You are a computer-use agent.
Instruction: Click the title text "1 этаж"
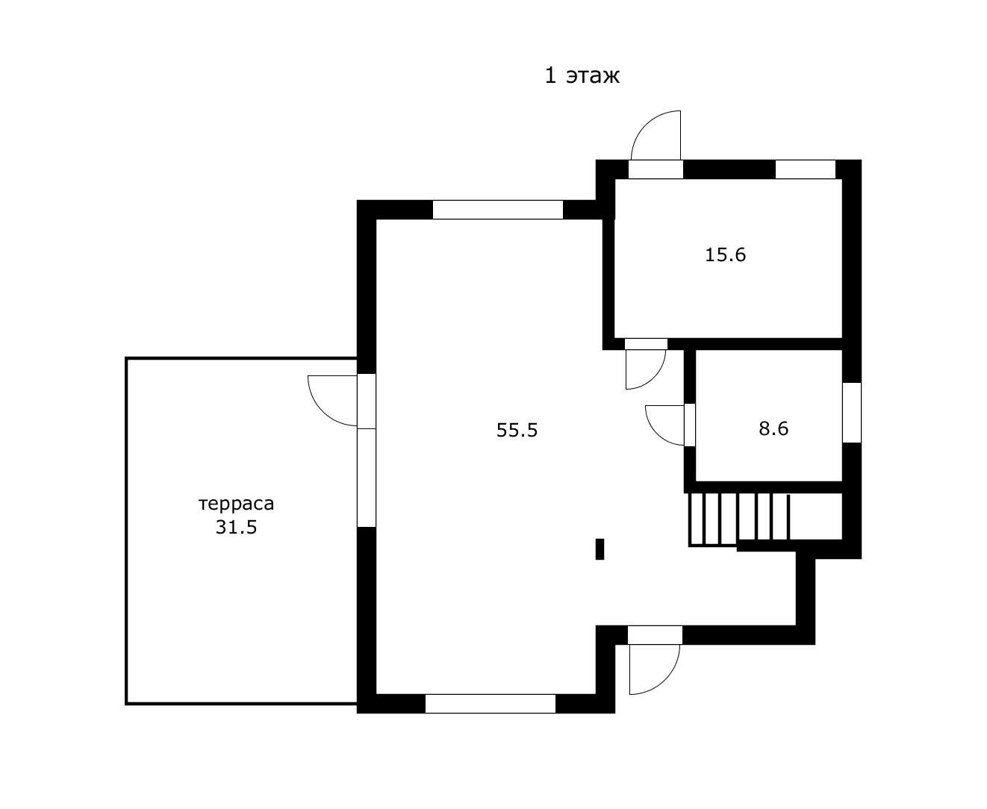pyautogui.click(x=582, y=75)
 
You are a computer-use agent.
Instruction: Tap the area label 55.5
pyautogui.click(x=517, y=430)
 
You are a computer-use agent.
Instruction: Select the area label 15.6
pyautogui.click(x=726, y=254)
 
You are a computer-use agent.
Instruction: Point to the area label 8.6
pyautogui.click(x=773, y=428)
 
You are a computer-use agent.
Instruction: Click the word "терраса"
pyautogui.click(x=236, y=504)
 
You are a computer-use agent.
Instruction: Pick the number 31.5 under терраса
pyautogui.click(x=236, y=528)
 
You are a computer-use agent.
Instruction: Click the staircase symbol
pyautogui.click(x=739, y=518)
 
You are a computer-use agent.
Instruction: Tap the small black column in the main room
pyautogui.click(x=600, y=549)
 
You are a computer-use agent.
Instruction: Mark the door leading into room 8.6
pyautogui.click(x=666, y=424)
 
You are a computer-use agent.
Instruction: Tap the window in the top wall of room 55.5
pyautogui.click(x=497, y=210)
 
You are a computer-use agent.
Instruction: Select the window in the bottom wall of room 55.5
pyautogui.click(x=490, y=704)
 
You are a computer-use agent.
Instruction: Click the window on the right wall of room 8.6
pyautogui.click(x=852, y=412)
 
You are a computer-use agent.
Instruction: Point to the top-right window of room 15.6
pyautogui.click(x=805, y=169)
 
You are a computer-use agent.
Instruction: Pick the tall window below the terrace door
pyautogui.click(x=366, y=478)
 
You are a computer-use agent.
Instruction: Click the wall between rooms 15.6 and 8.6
pyautogui.click(x=769, y=344)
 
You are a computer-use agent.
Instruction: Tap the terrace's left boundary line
pyautogui.click(x=126, y=530)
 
